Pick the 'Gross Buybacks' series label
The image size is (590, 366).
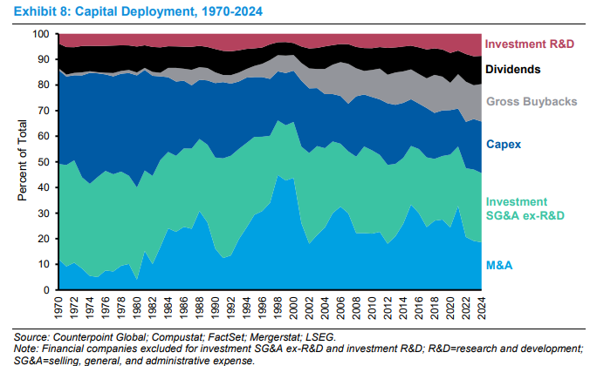[x=531, y=102]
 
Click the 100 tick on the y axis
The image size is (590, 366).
[x=41, y=34]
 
